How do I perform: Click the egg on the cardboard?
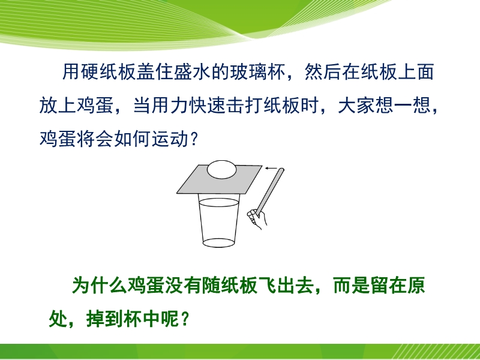221,169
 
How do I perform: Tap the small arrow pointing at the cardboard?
271,168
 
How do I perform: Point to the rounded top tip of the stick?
282,170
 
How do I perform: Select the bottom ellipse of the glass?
218,243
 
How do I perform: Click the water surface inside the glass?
218,202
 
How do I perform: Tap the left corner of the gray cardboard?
177,193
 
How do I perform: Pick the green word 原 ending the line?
416,286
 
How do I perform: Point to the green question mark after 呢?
184,319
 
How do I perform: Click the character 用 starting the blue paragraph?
71,72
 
